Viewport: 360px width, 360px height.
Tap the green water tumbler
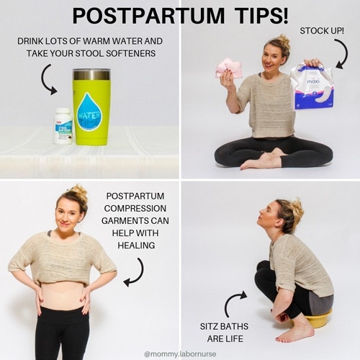point(91,108)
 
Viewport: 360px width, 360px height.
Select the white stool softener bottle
point(63,125)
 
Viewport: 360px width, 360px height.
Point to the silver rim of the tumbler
point(91,74)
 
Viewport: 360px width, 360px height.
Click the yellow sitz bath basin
point(317,318)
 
